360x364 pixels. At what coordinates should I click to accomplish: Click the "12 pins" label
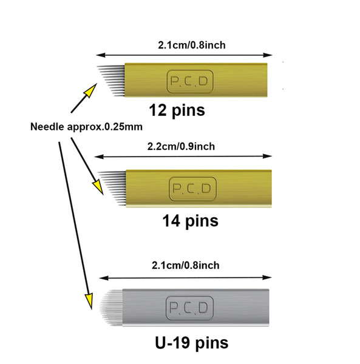pos(177,110)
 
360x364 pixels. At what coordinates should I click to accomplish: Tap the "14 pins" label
pos(190,221)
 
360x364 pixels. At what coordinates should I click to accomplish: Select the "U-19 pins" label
pos(192,343)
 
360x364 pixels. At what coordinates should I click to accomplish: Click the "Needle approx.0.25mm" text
pos(86,127)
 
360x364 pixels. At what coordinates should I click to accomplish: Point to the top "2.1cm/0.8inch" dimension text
pos(192,45)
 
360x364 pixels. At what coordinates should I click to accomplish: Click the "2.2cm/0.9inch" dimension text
pos(181,146)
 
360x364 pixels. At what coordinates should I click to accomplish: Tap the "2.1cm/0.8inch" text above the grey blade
pos(185,265)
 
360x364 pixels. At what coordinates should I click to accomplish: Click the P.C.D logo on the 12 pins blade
pos(190,81)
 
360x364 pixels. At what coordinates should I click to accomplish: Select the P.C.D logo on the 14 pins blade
pos(192,189)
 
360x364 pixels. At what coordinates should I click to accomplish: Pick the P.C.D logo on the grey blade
pos(189,308)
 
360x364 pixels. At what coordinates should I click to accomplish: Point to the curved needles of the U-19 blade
pos(111,307)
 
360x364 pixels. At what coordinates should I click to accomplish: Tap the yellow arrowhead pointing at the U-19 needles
pos(89,302)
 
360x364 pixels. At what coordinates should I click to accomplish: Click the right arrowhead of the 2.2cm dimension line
pos(267,157)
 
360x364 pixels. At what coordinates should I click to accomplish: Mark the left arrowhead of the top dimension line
pos(101,55)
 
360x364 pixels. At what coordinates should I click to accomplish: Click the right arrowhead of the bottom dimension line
pos(267,277)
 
